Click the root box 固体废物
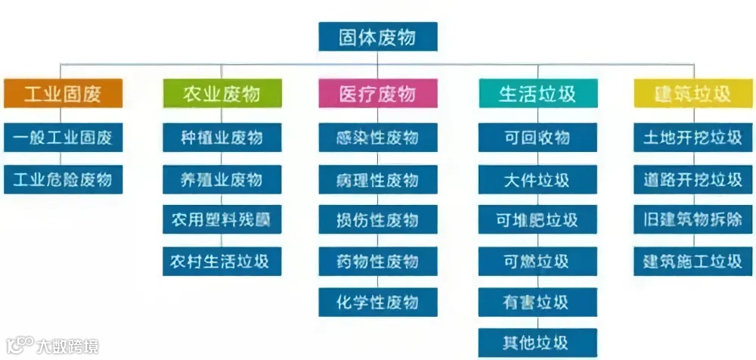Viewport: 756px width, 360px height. [x=377, y=36]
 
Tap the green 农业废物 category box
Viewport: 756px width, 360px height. [x=222, y=93]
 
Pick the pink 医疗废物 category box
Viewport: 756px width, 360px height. [x=377, y=93]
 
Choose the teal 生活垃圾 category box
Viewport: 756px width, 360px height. [x=538, y=93]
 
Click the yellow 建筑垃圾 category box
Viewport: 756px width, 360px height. [x=692, y=93]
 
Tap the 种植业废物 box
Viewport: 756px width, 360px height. [x=222, y=138]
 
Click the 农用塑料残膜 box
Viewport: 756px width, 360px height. [x=222, y=220]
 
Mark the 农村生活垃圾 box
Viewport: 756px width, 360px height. [x=222, y=261]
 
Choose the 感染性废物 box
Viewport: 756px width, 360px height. [x=377, y=138]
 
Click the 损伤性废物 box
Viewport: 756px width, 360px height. [x=377, y=220]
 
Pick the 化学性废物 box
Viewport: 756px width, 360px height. [x=377, y=303]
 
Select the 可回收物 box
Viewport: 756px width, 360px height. [x=538, y=138]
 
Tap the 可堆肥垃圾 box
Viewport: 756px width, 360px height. [x=538, y=220]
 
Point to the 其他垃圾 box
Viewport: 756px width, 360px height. [x=538, y=342]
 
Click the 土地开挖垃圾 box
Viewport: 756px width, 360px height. [x=692, y=138]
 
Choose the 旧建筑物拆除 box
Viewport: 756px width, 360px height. [x=692, y=220]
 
